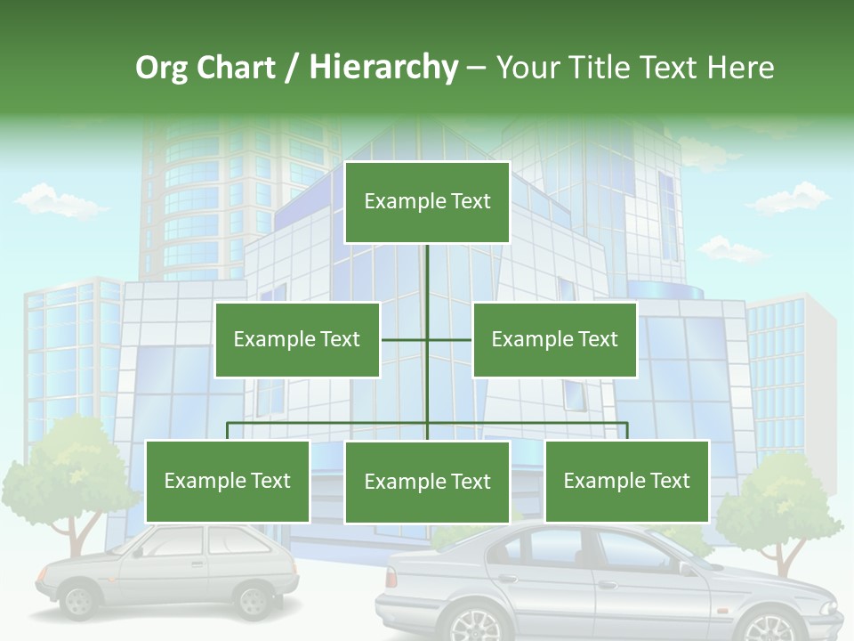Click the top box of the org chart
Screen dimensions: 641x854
427,202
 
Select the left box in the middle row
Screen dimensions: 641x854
297,339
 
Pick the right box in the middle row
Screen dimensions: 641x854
554,339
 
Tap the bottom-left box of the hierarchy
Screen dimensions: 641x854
228,481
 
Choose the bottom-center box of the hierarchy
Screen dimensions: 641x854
427,482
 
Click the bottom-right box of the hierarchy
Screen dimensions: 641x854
626,481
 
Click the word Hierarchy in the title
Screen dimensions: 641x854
383,68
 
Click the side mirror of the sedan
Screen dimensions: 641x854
685,567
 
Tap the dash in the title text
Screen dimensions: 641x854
476,68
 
